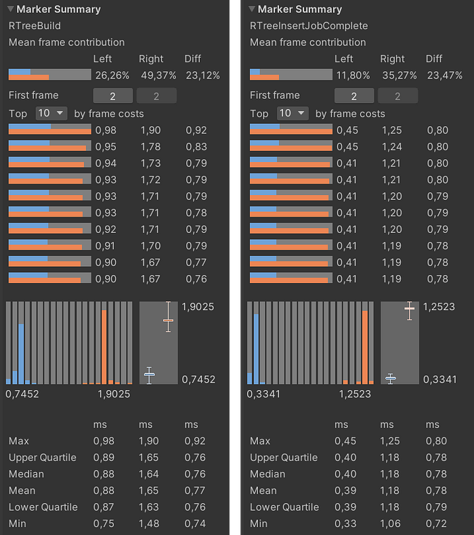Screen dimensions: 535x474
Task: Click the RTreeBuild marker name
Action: (35, 26)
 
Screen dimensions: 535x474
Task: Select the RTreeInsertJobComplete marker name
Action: (309, 26)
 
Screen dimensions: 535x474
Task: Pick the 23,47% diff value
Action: (445, 74)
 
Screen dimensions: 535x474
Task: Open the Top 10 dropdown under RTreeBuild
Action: (51, 113)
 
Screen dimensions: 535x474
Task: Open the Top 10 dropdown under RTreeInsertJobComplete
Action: (293, 113)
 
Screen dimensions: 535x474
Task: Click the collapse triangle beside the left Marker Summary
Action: (10, 9)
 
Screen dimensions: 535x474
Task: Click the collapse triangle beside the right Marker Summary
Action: (252, 9)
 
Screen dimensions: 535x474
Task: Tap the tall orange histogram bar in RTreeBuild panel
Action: (104, 346)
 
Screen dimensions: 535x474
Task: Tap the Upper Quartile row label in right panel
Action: (284, 457)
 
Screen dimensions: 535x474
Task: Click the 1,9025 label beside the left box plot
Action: (198, 306)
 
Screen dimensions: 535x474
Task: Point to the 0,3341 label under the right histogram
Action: (263, 393)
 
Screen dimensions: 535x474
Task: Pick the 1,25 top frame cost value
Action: (391, 129)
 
